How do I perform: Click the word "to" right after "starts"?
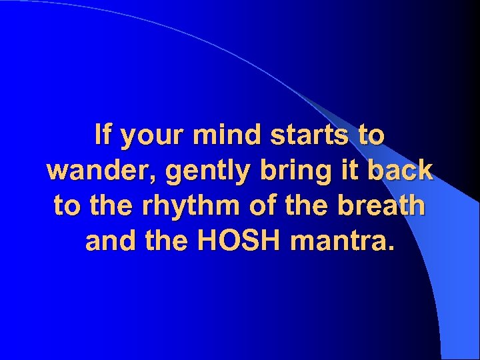(x=371, y=136)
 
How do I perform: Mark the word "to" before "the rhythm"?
(x=66, y=207)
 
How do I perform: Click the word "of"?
(x=256, y=207)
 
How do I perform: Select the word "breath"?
(x=382, y=207)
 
